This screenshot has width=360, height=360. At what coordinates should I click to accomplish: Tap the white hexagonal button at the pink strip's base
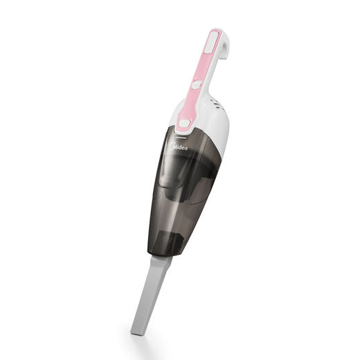point(183,125)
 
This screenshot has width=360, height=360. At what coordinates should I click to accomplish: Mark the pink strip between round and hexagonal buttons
point(190,104)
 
